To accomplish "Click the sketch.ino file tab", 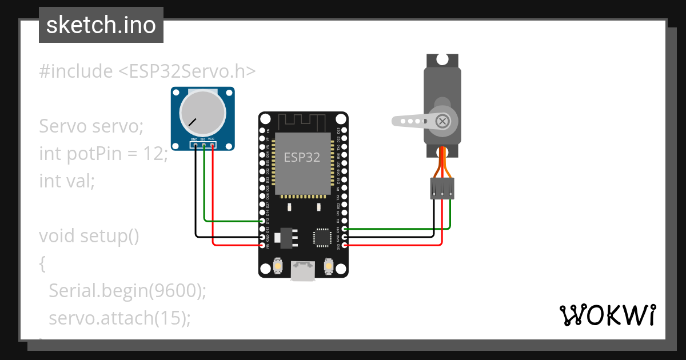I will click(x=101, y=25).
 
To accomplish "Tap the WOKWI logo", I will click(x=607, y=315).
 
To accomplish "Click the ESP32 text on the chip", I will click(x=302, y=157).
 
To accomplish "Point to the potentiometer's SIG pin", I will click(x=204, y=145).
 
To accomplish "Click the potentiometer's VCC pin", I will click(x=212, y=145).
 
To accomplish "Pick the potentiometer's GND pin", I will click(x=195, y=145).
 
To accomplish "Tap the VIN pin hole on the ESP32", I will click(x=264, y=245).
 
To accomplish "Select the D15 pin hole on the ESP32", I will click(x=344, y=229).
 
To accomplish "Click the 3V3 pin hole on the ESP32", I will click(x=344, y=245).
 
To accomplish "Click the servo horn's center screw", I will click(x=441, y=121).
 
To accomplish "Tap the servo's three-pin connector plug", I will click(x=442, y=188).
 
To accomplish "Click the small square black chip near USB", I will click(x=321, y=238).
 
